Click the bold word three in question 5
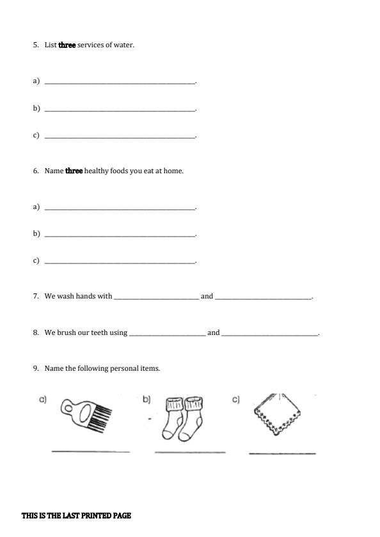click(x=67, y=45)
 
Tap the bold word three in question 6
click(x=74, y=171)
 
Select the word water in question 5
click(x=124, y=45)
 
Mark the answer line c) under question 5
click(x=120, y=137)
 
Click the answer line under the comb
click(x=90, y=451)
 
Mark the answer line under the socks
click(x=190, y=452)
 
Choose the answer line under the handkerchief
click(x=282, y=453)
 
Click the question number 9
click(x=36, y=369)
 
